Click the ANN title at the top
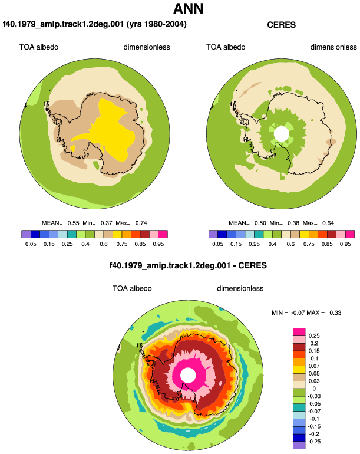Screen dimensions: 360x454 pos(189,8)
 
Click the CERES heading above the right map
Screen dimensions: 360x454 pos(281,25)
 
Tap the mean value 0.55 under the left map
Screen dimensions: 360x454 pos(73,223)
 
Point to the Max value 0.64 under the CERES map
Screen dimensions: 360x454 pos(328,223)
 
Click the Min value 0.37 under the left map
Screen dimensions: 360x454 pos(106,223)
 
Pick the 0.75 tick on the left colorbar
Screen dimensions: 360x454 pos(122,244)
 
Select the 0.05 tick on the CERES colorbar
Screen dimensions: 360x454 pos(217,244)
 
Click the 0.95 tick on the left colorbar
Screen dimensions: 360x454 pos(158,244)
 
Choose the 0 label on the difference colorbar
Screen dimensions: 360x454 pos(314,389)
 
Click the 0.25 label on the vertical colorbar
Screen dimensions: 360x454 pos(314,336)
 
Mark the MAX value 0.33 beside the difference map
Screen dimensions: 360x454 pos(335,312)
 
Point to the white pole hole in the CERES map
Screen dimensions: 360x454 pos(281,134)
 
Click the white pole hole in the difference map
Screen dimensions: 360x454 pos(188,375)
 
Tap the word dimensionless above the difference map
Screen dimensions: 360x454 pos(240,288)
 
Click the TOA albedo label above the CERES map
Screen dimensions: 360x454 pos(226,47)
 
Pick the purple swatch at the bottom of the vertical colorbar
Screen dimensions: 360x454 pos(299,445)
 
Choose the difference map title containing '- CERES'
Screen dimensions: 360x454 pos(188,265)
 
